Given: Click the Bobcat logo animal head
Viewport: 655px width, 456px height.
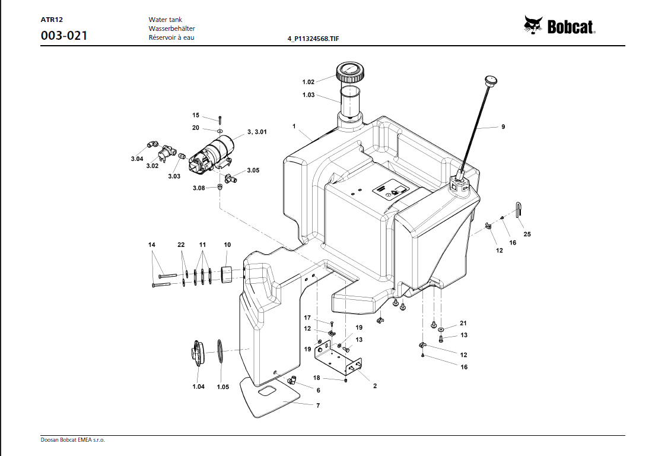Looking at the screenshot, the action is point(533,25).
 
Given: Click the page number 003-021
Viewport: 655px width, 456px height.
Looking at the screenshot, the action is point(64,36).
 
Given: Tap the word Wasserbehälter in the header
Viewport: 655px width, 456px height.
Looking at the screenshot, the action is point(171,28).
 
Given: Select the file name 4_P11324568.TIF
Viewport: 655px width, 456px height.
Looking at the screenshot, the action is point(313,39).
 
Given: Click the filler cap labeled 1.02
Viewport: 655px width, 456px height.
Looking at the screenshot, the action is point(351,72).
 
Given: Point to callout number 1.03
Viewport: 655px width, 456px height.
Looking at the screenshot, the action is point(309,95).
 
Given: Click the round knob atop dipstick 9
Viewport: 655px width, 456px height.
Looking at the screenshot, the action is point(491,80).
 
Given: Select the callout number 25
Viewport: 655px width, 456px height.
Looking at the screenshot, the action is point(527,234).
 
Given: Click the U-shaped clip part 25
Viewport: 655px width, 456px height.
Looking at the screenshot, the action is point(519,210).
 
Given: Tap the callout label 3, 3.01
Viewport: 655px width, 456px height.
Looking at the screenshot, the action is point(257,132).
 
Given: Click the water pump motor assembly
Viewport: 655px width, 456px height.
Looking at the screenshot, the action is point(212,154).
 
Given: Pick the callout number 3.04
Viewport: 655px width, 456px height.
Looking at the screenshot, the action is point(137,159).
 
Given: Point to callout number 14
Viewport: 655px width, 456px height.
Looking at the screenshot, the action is point(152,245).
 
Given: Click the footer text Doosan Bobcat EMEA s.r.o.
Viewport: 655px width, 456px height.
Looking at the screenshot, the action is point(73,440).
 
